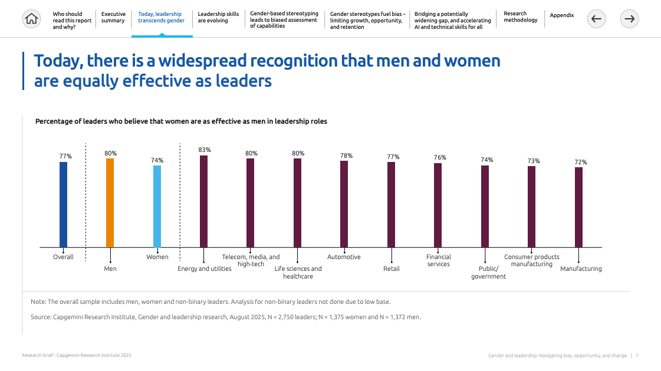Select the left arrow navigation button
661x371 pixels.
click(x=596, y=19)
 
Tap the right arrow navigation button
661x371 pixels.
click(x=630, y=19)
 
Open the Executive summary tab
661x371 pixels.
click(x=113, y=17)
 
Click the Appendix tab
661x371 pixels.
click(x=561, y=15)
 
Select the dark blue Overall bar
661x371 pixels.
click(x=63, y=204)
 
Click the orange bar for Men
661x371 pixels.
click(x=110, y=203)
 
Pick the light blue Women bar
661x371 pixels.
click(x=157, y=206)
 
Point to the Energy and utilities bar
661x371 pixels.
click(x=203, y=201)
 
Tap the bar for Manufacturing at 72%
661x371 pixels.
click(x=578, y=207)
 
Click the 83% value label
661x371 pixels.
click(x=204, y=150)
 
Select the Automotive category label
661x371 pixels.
click(x=344, y=257)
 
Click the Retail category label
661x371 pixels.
click(x=391, y=269)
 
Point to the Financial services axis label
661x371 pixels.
click(x=438, y=260)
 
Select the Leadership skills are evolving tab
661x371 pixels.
click(x=218, y=17)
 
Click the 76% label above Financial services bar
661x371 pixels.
click(x=440, y=157)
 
